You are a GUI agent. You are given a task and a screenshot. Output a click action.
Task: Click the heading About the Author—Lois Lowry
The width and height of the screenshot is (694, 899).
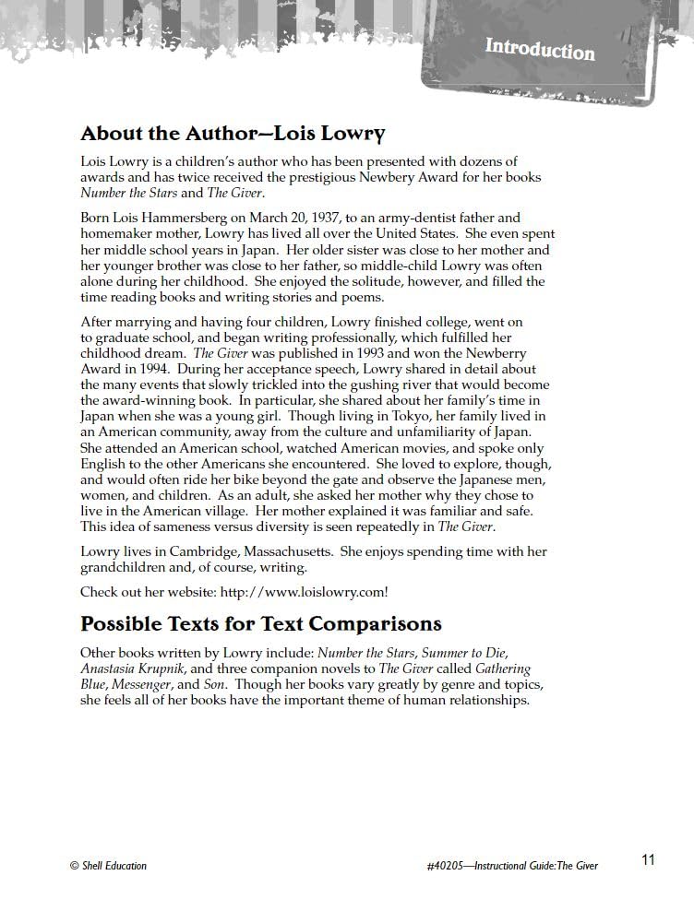(233, 134)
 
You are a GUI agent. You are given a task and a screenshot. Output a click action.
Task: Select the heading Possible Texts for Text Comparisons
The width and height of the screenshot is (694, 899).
(261, 623)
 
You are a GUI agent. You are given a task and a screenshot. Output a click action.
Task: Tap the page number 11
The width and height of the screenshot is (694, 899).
(648, 859)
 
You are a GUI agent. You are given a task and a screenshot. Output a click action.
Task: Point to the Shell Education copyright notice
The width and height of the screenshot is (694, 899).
(108, 865)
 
